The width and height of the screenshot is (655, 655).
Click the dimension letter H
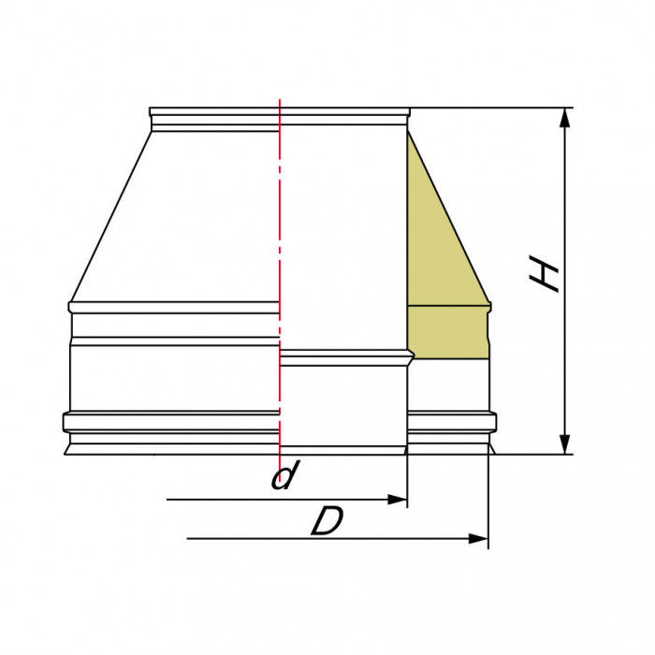545,274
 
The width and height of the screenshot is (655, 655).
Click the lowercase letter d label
283,477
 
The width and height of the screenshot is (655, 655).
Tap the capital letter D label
327,522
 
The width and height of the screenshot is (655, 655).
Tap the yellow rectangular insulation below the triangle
447,332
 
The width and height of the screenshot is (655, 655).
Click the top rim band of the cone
215,115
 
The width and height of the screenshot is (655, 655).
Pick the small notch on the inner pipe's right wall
410,357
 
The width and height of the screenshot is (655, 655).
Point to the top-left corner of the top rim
151,109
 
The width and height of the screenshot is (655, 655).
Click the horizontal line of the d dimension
281,500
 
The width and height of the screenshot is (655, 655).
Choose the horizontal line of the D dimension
327,539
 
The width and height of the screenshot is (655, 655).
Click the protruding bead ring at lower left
168,420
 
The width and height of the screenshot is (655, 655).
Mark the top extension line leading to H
487,108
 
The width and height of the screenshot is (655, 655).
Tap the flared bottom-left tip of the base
67,453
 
